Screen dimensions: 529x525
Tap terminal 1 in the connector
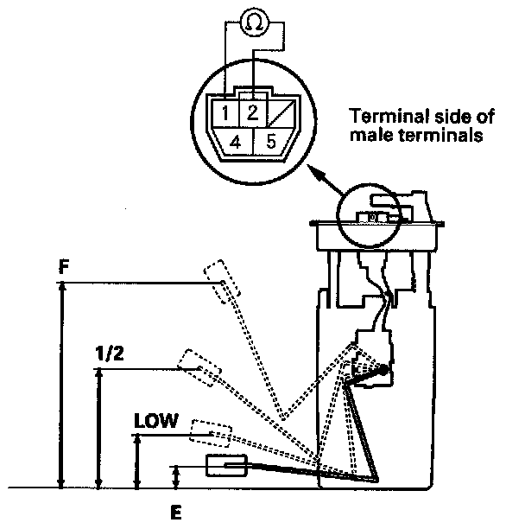[x=224, y=113]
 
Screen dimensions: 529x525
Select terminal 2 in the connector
[x=252, y=112]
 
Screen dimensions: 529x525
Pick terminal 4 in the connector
[x=236, y=141]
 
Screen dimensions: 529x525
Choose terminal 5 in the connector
[x=270, y=141]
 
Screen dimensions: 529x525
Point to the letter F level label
[x=64, y=268]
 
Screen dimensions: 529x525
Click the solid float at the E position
[x=226, y=467]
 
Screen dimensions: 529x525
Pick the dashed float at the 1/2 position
[x=199, y=366]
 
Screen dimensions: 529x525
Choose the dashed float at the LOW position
[x=209, y=430]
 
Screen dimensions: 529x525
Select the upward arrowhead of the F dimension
[x=61, y=291]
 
